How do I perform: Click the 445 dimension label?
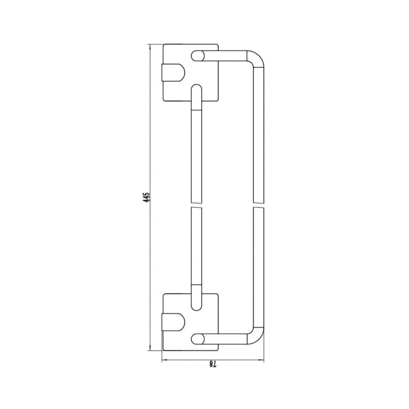[x=146, y=197]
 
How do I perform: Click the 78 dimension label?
[x=213, y=364]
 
